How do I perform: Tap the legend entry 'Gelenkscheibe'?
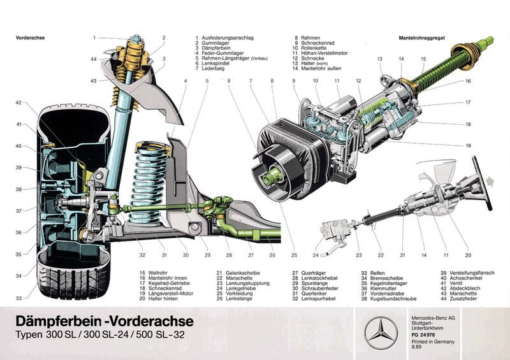(234, 273)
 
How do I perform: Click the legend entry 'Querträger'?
(305, 273)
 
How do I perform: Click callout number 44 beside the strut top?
(93, 59)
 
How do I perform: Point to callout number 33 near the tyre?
(18, 298)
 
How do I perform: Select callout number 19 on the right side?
(468, 146)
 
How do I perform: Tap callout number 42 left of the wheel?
(18, 103)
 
